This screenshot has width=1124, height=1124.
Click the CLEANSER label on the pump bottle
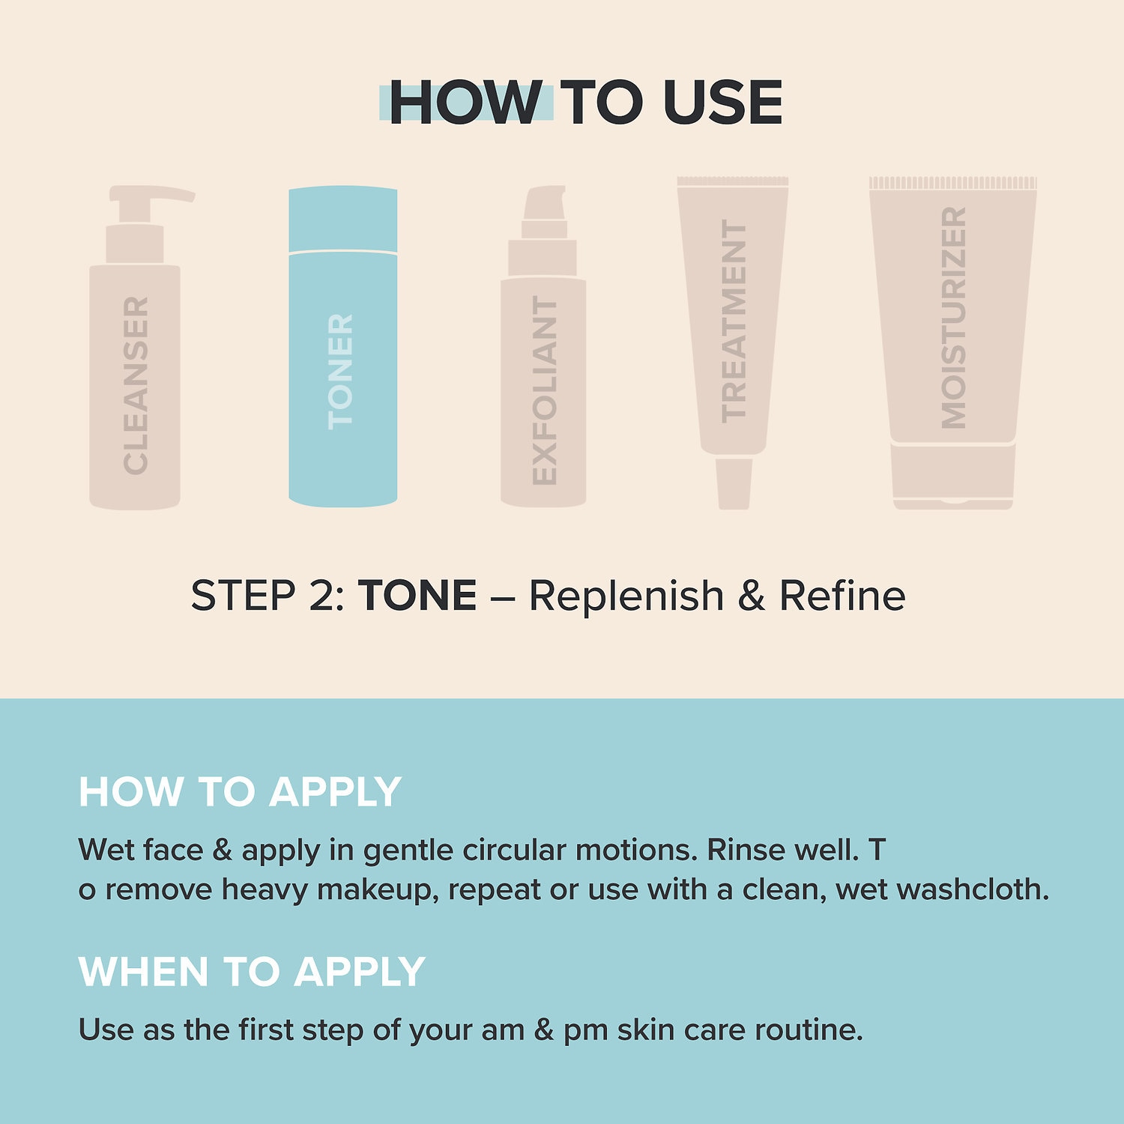(136, 385)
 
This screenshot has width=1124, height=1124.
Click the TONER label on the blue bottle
(340, 372)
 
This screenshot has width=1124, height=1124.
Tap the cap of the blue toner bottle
(343, 218)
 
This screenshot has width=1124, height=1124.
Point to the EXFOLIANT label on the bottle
(544, 390)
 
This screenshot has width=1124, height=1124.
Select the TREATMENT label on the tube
(734, 321)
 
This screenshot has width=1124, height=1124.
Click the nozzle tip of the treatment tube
(734, 484)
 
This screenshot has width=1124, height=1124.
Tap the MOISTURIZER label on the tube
(953, 318)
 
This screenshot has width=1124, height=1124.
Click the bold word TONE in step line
(417, 596)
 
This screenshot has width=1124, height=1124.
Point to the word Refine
(842, 596)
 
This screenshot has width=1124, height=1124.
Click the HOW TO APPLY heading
(240, 792)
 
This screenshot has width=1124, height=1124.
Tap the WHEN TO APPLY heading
(252, 972)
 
